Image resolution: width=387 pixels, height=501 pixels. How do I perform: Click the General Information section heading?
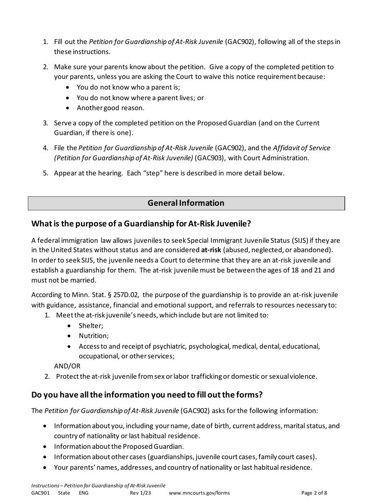pyautogui.click(x=186, y=203)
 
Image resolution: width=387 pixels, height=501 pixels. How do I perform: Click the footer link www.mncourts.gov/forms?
pyautogui.click(x=199, y=493)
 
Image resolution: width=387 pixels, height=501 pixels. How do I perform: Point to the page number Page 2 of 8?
pyautogui.click(x=314, y=493)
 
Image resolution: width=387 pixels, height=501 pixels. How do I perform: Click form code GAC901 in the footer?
pyautogui.click(x=40, y=493)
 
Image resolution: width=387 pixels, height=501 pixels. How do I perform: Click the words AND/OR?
pyautogui.click(x=67, y=366)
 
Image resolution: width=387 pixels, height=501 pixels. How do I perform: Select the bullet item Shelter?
pyautogui.click(x=91, y=326)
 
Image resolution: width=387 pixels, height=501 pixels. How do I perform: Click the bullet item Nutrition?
pyautogui.click(x=94, y=336)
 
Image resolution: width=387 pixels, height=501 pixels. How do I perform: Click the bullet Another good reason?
pyautogui.click(x=110, y=108)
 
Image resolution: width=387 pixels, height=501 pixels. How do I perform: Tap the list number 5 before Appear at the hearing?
pyautogui.click(x=46, y=173)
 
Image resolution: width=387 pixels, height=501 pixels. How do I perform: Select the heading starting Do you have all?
pyautogui.click(x=147, y=395)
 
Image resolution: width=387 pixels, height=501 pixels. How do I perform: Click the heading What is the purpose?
pyautogui.click(x=141, y=224)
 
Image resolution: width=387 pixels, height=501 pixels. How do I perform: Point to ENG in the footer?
pyautogui.click(x=84, y=493)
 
